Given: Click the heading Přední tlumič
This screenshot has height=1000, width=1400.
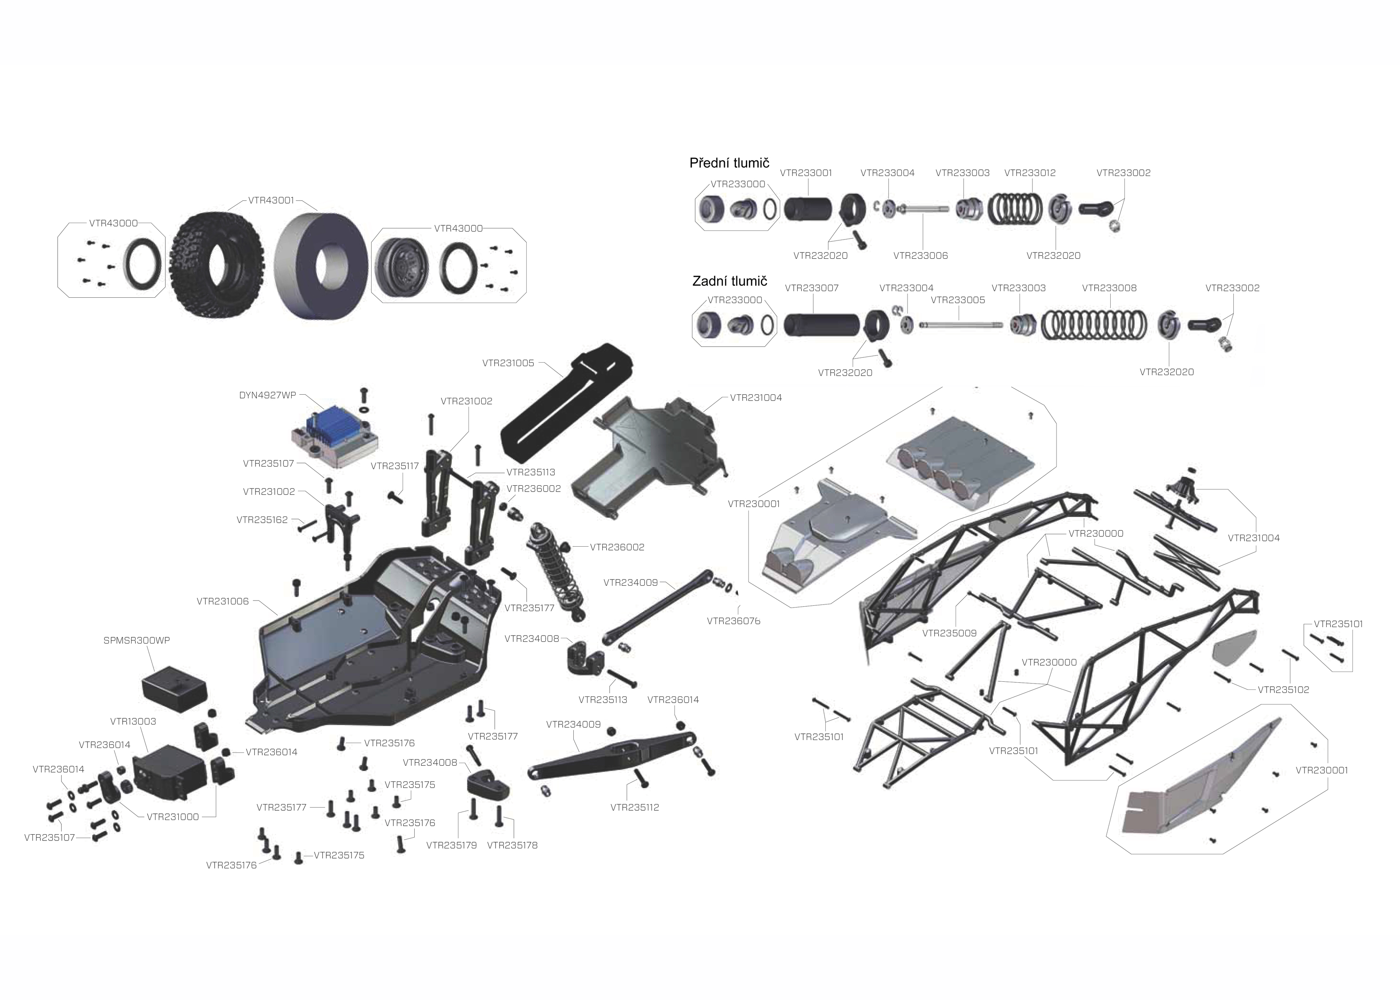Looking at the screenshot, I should [729, 163].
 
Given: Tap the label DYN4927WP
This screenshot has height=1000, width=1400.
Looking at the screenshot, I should [268, 395].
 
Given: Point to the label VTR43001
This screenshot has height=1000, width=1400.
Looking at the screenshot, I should [272, 200].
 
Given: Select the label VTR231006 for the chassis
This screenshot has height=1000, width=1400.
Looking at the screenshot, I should [223, 601].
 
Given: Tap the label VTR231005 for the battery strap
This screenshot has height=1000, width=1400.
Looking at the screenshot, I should [508, 363].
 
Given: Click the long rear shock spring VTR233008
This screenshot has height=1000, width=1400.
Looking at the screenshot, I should [1094, 324].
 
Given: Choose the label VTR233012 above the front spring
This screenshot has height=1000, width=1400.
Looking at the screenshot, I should [1030, 173].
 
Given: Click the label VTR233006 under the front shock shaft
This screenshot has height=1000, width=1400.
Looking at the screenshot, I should [920, 256].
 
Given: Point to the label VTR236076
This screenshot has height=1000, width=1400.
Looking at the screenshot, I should [734, 621].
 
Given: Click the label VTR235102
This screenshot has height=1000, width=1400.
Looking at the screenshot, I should [1284, 690].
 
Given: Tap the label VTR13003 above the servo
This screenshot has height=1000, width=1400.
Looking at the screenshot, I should [133, 721].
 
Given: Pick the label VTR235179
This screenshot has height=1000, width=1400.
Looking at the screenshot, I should [451, 845].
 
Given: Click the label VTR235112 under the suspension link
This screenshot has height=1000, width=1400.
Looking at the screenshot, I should [635, 807].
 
